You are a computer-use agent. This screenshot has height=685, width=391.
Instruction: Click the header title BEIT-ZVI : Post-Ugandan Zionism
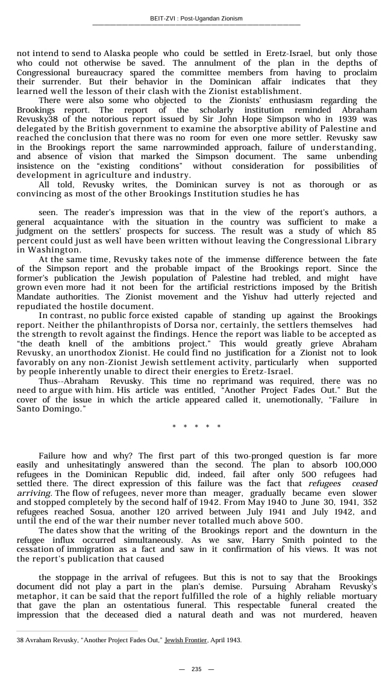click(196, 19)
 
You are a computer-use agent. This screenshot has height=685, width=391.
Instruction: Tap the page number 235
click(196, 669)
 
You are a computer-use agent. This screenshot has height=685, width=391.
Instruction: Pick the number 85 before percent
click(371, 231)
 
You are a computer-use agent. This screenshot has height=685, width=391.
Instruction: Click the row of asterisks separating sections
click(196, 427)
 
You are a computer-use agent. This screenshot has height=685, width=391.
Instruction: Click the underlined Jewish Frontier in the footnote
click(186, 640)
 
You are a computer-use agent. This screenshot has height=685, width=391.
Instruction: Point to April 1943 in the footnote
click(225, 640)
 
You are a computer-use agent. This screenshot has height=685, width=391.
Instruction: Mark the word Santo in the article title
click(29, 409)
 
